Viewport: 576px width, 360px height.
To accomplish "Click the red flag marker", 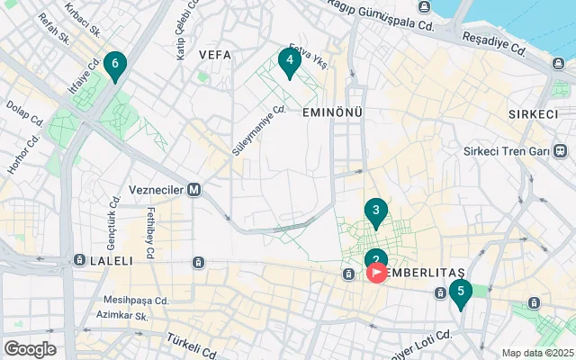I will (x=376, y=272).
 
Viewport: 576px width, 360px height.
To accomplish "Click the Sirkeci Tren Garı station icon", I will (x=561, y=150).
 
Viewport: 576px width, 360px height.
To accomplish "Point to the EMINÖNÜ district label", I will (x=332, y=112).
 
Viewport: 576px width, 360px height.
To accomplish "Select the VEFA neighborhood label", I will (x=215, y=55).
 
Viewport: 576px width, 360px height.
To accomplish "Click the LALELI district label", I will (x=112, y=261).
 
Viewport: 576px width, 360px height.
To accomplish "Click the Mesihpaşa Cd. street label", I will (x=136, y=301).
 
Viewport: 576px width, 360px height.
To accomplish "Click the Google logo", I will (x=30, y=348).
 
